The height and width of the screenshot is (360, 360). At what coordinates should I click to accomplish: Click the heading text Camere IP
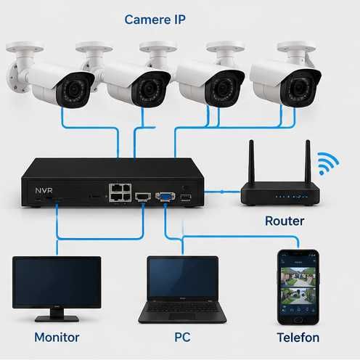[155, 20]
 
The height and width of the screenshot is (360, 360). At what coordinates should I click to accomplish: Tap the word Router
[285, 221]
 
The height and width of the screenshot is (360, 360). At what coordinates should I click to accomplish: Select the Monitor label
[57, 337]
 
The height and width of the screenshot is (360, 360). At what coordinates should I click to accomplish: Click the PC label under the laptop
[182, 337]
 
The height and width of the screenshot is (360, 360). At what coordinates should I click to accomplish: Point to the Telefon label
[298, 337]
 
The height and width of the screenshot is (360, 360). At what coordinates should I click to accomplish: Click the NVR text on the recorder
[44, 190]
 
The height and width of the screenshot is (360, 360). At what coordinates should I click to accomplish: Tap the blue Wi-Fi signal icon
[327, 163]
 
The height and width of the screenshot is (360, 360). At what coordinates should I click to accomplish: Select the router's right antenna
[308, 162]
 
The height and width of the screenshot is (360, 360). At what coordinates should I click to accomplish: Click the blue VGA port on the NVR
[165, 196]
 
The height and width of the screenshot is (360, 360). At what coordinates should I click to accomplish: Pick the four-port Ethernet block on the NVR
[120, 192]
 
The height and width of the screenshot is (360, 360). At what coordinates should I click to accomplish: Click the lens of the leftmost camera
[73, 90]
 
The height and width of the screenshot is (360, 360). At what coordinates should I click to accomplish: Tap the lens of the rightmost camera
[299, 88]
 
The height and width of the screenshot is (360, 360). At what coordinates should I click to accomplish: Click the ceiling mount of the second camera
[94, 47]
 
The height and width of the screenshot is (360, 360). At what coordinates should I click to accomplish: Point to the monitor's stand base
[57, 319]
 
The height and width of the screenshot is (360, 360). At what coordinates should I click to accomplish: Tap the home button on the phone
[298, 320]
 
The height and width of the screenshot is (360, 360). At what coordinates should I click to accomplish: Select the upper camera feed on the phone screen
[298, 277]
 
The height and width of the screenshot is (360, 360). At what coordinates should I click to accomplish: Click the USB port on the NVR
[186, 197]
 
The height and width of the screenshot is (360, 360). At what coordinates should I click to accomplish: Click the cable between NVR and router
[222, 192]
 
